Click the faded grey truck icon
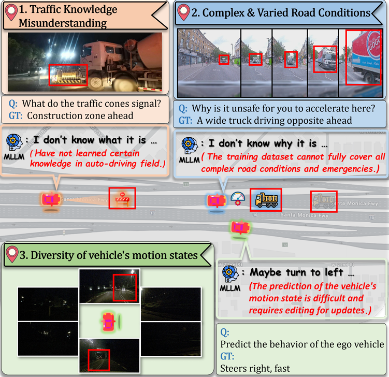324,200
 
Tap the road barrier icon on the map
122,198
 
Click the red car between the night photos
109,321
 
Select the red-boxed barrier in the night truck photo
68,76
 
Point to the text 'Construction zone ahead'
80,116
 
